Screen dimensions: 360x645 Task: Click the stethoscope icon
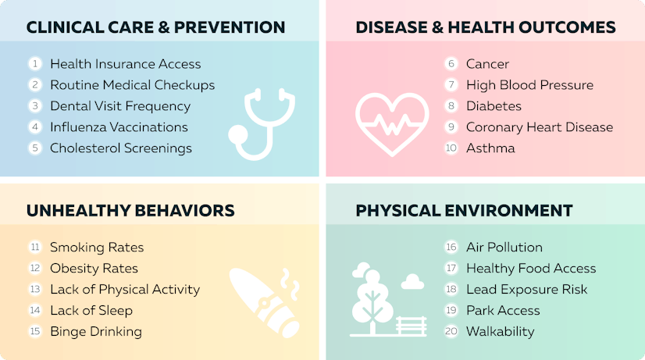click(262, 125)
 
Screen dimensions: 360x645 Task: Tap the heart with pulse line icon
click(391, 125)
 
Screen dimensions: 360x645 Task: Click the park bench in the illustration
click(412, 323)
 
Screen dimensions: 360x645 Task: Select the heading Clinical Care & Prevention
click(155, 28)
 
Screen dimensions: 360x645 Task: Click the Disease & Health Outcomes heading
click(485, 28)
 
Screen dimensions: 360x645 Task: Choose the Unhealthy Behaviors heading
click(130, 211)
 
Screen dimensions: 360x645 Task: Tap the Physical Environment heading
click(464, 211)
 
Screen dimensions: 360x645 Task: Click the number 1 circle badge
click(35, 64)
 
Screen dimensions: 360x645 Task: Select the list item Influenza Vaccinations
click(119, 127)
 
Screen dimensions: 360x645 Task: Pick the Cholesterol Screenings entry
click(120, 148)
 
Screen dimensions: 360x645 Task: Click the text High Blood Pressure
click(529, 85)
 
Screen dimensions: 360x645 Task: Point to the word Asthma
click(490, 148)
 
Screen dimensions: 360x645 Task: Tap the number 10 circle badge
click(451, 148)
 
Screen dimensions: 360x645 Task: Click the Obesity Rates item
click(94, 269)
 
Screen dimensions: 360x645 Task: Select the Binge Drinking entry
click(96, 332)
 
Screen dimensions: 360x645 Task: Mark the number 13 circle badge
click(35, 290)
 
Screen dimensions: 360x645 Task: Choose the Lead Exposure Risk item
click(526, 290)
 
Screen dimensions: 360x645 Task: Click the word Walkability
click(500, 332)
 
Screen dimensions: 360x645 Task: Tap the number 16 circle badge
click(451, 248)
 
